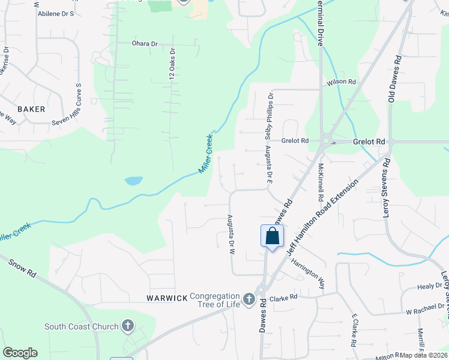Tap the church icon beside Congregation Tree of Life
point(249,298)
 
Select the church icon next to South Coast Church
point(127,326)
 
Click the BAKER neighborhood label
point(31,109)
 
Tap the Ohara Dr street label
point(145,44)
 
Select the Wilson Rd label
point(341,82)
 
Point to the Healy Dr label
point(429,287)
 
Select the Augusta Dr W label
point(229,235)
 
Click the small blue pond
point(133,181)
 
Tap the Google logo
point(20,353)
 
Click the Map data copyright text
point(424,355)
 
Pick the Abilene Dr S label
point(55,13)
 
